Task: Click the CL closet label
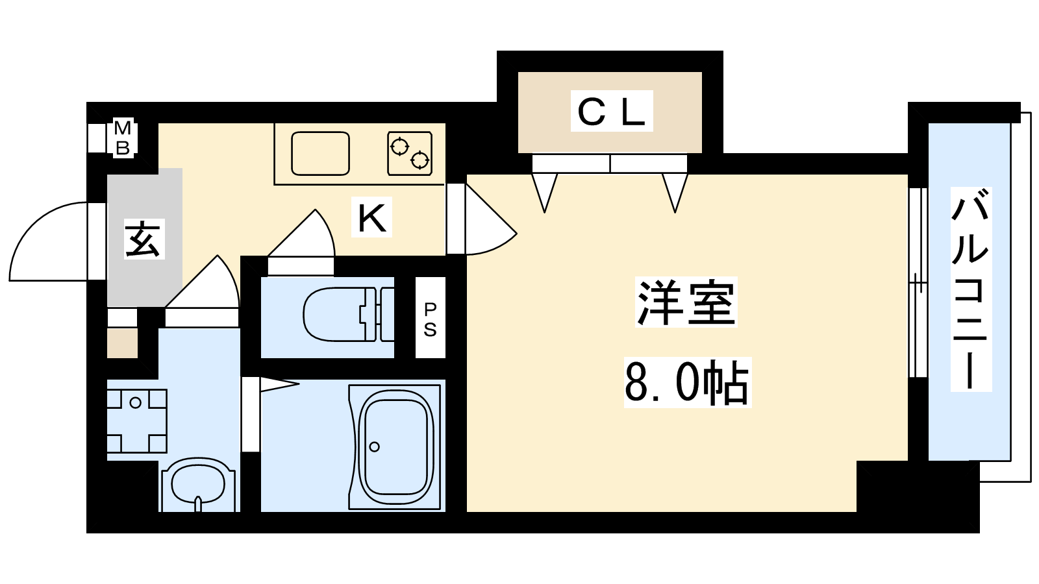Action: tap(611, 111)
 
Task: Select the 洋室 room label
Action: tap(686, 302)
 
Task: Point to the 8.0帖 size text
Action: tap(688, 382)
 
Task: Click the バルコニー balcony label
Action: tap(971, 289)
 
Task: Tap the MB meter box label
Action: tap(123, 138)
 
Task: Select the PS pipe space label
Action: tap(430, 319)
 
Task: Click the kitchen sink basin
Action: tap(320, 153)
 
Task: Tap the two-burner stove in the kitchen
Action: tap(410, 153)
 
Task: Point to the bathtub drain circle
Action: tap(374, 447)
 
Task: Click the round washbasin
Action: tap(198, 485)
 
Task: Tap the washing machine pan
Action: tap(137, 421)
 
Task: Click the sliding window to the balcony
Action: tap(918, 282)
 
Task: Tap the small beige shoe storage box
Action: tap(123, 343)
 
